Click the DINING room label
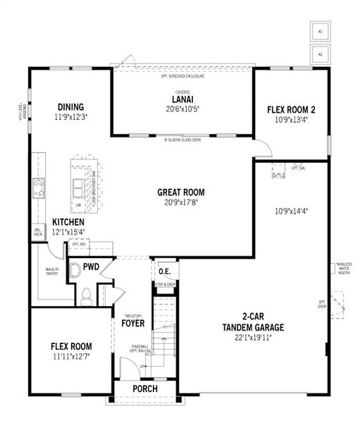click(x=72, y=108)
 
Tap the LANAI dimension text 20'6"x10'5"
click(x=182, y=109)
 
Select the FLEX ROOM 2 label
click(x=291, y=109)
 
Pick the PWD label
click(x=91, y=267)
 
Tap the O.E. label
click(x=165, y=271)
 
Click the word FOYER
click(x=132, y=324)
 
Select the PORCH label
click(x=144, y=389)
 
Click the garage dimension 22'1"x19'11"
click(x=252, y=337)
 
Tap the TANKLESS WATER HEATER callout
click(x=343, y=269)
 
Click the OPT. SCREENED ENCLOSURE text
click(x=182, y=75)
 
